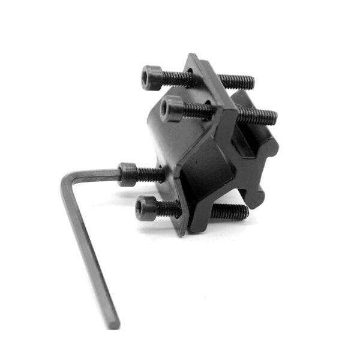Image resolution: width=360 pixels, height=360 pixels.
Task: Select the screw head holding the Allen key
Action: click(127, 174)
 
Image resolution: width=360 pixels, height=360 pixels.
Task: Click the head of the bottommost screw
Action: click(146, 209)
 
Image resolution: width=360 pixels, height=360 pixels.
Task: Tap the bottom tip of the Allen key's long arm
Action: click(113, 324)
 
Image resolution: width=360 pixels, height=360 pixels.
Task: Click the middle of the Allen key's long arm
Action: click(89, 252)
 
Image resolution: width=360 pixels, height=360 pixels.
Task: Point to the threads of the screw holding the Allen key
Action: click(150, 175)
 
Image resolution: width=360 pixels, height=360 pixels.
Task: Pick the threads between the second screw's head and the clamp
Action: click(195, 110)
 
